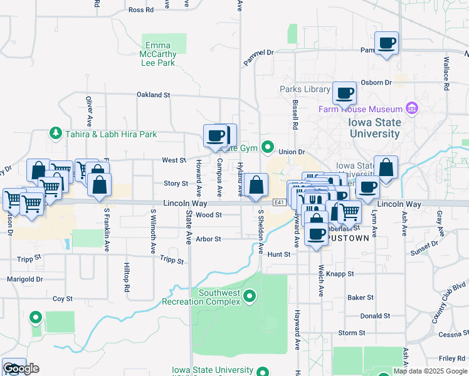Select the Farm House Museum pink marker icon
coord(412,109)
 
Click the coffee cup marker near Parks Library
coord(344,94)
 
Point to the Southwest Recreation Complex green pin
coord(250,295)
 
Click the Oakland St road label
coord(154,95)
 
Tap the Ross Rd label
coord(140,10)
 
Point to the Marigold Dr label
coord(25,279)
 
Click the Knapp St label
coord(342,274)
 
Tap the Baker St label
coord(361,297)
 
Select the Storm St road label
coord(352,333)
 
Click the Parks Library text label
coord(305,89)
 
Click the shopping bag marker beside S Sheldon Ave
coord(256,186)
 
